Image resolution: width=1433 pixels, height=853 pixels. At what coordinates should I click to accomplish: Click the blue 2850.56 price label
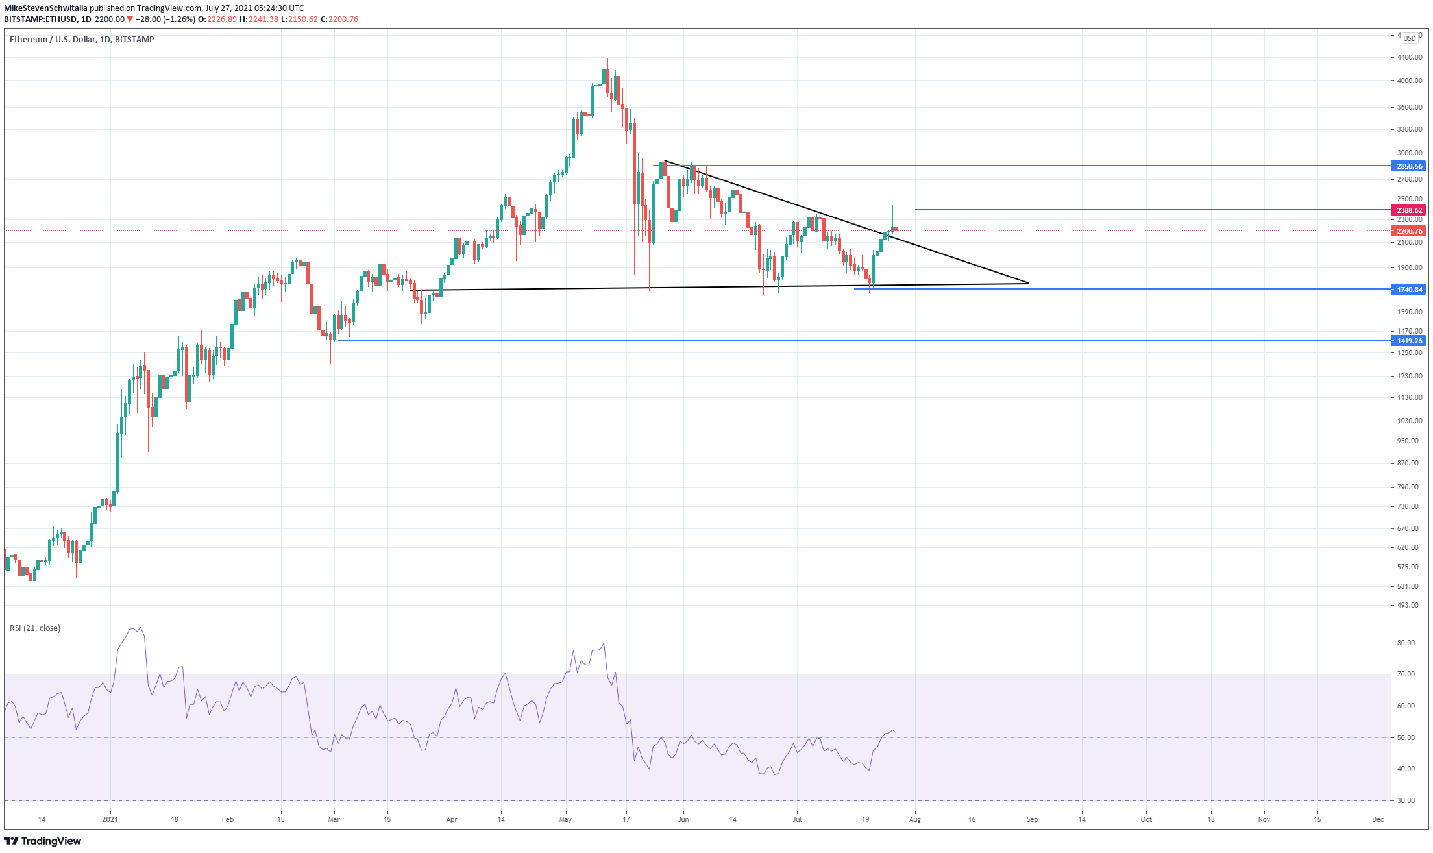[x=1409, y=166]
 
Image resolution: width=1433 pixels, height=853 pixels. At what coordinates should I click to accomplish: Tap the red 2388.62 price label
[x=1409, y=210]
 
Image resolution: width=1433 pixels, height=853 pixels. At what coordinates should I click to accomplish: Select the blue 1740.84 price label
[x=1409, y=290]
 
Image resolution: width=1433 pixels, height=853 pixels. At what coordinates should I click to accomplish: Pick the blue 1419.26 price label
[x=1409, y=341]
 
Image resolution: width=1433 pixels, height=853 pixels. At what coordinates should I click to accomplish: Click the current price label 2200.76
[x=1409, y=231]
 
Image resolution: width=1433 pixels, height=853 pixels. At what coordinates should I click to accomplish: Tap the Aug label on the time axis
[x=915, y=819]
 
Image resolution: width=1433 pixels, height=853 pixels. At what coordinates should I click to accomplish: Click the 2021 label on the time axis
[x=110, y=819]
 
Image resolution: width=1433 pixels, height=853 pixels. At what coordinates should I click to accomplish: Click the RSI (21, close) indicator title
[x=35, y=628]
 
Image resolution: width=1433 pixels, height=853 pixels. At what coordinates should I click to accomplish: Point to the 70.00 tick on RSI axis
[x=1406, y=674]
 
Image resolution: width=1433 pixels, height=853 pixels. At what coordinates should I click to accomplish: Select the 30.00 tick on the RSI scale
[x=1406, y=800]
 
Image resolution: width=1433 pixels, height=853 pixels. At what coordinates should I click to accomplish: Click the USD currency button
[x=1409, y=38]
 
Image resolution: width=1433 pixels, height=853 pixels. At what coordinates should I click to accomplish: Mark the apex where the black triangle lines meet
[x=1029, y=283]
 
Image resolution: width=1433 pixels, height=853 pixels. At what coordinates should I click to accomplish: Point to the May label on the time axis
[x=565, y=819]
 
